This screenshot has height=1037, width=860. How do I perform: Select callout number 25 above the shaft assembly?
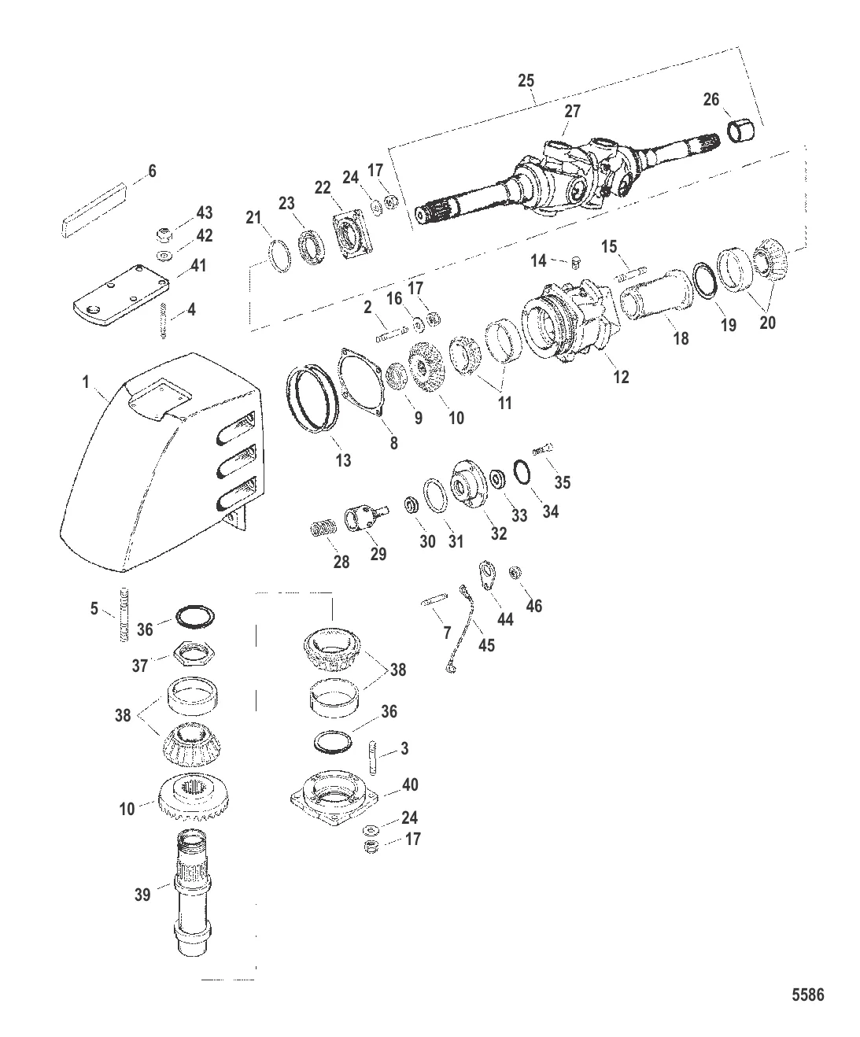point(526,80)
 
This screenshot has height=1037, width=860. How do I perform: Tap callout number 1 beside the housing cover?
point(86,382)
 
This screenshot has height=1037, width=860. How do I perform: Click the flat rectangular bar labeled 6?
point(95,209)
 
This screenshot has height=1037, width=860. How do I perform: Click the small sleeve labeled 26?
point(741,132)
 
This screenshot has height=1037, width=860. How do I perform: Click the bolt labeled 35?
point(544,450)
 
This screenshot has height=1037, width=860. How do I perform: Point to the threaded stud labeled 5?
point(124,614)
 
